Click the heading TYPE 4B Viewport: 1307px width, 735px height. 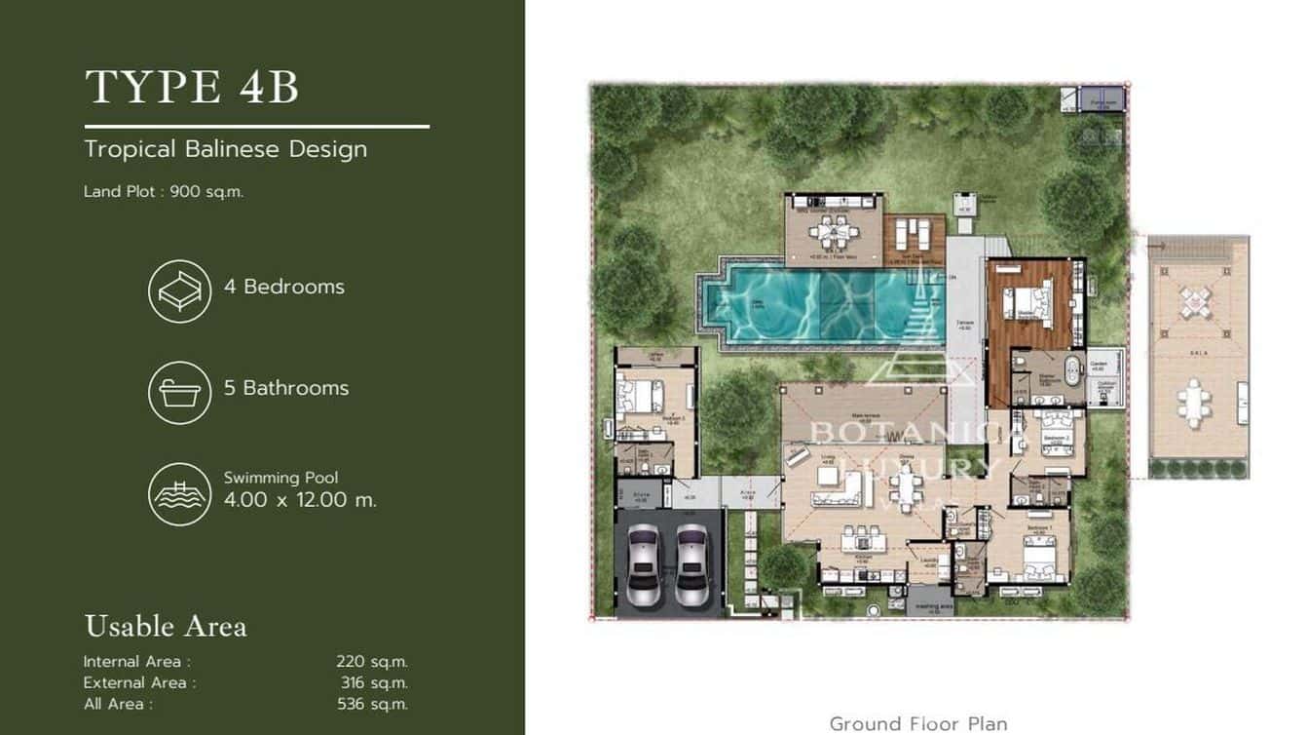(192, 87)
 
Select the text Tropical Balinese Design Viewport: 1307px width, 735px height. (225, 149)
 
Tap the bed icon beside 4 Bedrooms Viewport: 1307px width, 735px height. (180, 290)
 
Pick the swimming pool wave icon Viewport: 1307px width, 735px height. (180, 494)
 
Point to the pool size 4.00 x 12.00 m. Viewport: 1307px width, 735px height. (300, 500)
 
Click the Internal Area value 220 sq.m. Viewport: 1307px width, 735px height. (372, 662)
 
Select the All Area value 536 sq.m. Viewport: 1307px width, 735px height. (372, 704)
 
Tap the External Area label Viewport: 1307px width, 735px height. (139, 682)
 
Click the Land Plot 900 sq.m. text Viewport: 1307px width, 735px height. (164, 192)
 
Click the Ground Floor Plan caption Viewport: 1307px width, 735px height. (917, 723)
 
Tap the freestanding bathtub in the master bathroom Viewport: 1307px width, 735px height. (1071, 374)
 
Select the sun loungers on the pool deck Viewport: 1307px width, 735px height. (914, 235)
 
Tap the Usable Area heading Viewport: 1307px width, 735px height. (166, 626)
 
